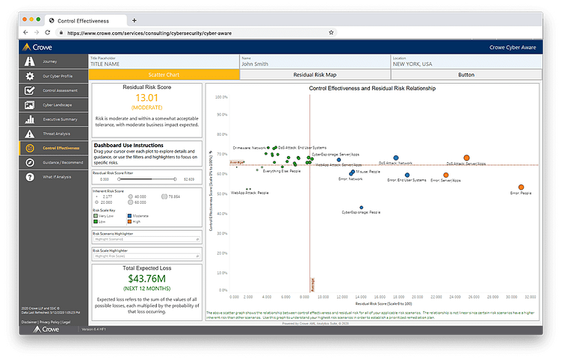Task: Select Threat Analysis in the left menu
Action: pos(57,133)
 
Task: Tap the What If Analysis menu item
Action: pos(57,176)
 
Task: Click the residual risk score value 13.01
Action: pos(146,98)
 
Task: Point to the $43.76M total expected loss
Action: pos(146,279)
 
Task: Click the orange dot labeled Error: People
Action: pos(521,187)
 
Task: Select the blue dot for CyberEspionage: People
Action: pos(362,208)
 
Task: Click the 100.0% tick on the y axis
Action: pos(221,97)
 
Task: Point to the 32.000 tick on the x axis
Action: pos(529,296)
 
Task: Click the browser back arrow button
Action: pos(26,33)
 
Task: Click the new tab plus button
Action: pos(134,20)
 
